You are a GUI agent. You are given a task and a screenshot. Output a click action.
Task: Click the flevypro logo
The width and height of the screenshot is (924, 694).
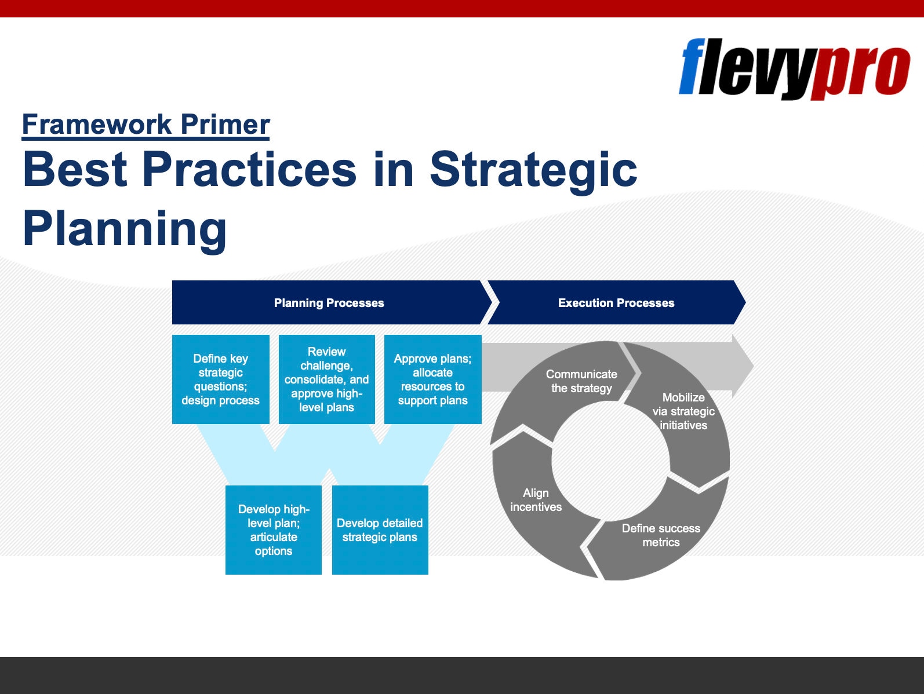click(x=794, y=69)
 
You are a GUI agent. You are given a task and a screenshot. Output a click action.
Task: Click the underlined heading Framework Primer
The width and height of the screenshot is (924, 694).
click(x=145, y=125)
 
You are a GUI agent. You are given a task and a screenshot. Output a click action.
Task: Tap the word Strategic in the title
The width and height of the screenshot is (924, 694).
click(x=533, y=170)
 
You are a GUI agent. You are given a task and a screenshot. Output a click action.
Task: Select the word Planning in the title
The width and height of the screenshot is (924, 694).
click(x=125, y=229)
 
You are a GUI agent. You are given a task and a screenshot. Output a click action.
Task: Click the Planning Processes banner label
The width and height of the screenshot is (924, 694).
click(x=329, y=303)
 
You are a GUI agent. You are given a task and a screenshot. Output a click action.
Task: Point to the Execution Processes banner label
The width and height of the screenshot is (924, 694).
click(x=616, y=303)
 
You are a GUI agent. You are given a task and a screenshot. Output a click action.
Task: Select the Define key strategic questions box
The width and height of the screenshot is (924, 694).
click(x=221, y=379)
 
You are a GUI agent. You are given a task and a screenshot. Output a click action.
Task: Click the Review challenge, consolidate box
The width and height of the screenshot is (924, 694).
click(x=327, y=379)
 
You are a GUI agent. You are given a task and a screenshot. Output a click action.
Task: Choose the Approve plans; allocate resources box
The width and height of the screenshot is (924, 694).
click(x=433, y=379)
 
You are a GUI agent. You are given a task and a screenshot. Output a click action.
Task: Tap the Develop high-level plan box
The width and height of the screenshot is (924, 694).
click(x=274, y=530)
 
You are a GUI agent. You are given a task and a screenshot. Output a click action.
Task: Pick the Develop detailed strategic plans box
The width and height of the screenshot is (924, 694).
click(x=380, y=530)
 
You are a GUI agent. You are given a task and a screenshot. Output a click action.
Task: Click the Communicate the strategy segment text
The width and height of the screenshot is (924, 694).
click(x=581, y=381)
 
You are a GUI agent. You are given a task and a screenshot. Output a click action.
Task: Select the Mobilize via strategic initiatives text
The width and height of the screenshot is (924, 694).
click(x=683, y=411)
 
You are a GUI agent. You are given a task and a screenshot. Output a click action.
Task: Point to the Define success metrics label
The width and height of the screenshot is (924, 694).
click(x=661, y=535)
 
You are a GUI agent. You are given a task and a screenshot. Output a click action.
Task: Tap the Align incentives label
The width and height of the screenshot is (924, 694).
click(x=536, y=500)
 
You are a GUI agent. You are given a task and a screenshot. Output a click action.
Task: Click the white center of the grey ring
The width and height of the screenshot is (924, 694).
click(x=610, y=461)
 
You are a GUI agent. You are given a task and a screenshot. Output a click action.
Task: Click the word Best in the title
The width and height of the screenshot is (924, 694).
click(x=75, y=170)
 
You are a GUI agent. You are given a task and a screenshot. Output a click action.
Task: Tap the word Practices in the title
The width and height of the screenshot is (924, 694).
click(x=250, y=170)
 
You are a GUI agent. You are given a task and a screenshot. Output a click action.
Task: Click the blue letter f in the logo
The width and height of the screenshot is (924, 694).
click(x=692, y=66)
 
